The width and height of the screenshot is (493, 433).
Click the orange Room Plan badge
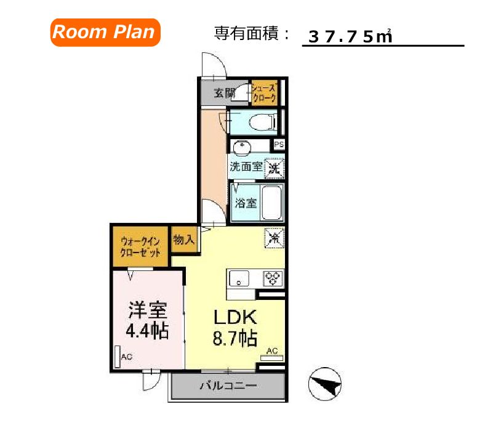105,32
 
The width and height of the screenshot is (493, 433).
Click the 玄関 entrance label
224,94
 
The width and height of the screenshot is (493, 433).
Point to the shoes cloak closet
264,93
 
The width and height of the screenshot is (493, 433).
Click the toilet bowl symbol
261,123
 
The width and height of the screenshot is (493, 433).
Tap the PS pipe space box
279,145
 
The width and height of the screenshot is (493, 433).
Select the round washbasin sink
241,148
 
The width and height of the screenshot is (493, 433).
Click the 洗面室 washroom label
246,166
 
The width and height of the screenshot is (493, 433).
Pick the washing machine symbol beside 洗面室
274,166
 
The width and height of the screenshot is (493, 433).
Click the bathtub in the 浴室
271,203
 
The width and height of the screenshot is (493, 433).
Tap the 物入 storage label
183,239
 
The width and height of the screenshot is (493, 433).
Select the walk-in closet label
141,247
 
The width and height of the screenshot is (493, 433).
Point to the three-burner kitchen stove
272,278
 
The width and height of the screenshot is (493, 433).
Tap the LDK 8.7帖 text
234,327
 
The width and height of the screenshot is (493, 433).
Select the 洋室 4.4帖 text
147,320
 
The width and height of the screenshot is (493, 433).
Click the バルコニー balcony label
227,387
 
